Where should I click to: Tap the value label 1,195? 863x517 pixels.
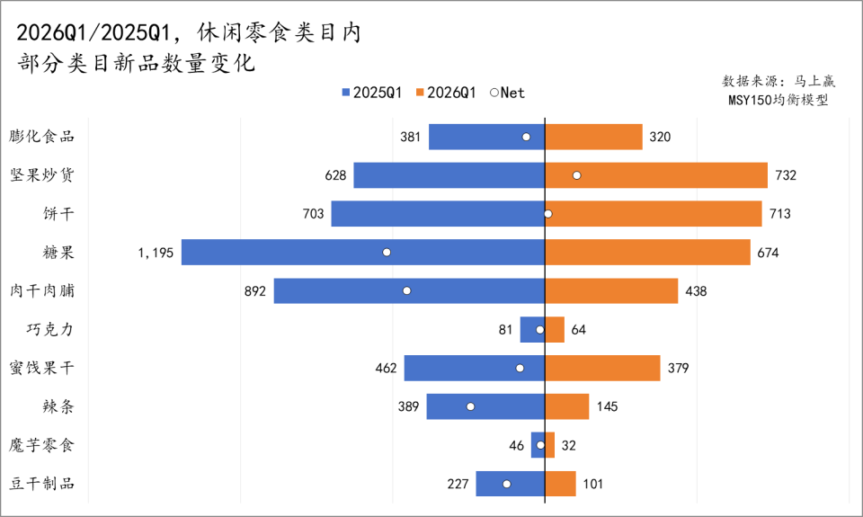(156, 253)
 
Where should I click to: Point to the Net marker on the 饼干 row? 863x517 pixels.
(547, 214)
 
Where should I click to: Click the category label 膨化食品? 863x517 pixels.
(42, 137)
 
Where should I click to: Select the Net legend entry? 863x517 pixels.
(507, 93)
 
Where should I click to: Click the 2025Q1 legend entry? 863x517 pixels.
(370, 93)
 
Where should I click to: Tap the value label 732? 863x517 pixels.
(786, 175)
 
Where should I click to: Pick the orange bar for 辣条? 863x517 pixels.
(567, 406)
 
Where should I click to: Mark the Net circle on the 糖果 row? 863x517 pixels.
(387, 253)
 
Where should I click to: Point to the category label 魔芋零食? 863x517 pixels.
(42, 445)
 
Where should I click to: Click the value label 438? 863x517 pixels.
(696, 291)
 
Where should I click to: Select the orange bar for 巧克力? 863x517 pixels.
(555, 330)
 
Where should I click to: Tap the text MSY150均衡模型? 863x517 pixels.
(778, 100)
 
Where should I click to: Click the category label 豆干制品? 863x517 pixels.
(42, 484)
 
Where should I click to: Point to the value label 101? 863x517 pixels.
(593, 484)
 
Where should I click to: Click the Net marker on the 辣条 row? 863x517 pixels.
(470, 406)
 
